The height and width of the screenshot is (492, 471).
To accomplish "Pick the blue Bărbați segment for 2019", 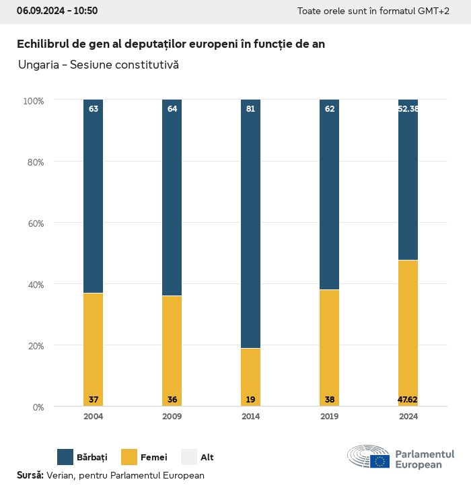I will click(329, 195).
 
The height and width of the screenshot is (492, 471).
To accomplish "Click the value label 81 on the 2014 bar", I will click(250, 108).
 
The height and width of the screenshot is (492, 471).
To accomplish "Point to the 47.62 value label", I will click(408, 400).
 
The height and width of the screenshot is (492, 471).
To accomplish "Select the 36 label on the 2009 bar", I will click(172, 400).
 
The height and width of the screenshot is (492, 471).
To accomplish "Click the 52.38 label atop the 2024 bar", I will click(408, 108).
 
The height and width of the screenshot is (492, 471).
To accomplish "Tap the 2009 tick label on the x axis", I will click(172, 416).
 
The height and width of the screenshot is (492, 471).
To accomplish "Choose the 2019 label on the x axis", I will click(329, 416).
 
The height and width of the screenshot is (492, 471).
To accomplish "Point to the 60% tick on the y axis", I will click(34, 223).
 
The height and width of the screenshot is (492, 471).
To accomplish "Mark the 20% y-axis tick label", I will click(34, 345).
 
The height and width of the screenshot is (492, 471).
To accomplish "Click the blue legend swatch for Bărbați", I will click(65, 457).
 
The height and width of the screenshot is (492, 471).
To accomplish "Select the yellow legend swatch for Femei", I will click(129, 457).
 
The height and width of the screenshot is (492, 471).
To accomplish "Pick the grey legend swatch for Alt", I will click(189, 457).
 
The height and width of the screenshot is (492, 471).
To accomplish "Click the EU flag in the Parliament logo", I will click(379, 461).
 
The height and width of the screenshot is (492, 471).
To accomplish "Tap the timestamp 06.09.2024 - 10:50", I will click(57, 11).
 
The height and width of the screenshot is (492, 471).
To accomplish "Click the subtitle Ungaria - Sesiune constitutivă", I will click(98, 65).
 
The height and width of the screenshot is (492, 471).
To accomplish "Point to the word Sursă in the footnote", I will click(30, 475).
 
